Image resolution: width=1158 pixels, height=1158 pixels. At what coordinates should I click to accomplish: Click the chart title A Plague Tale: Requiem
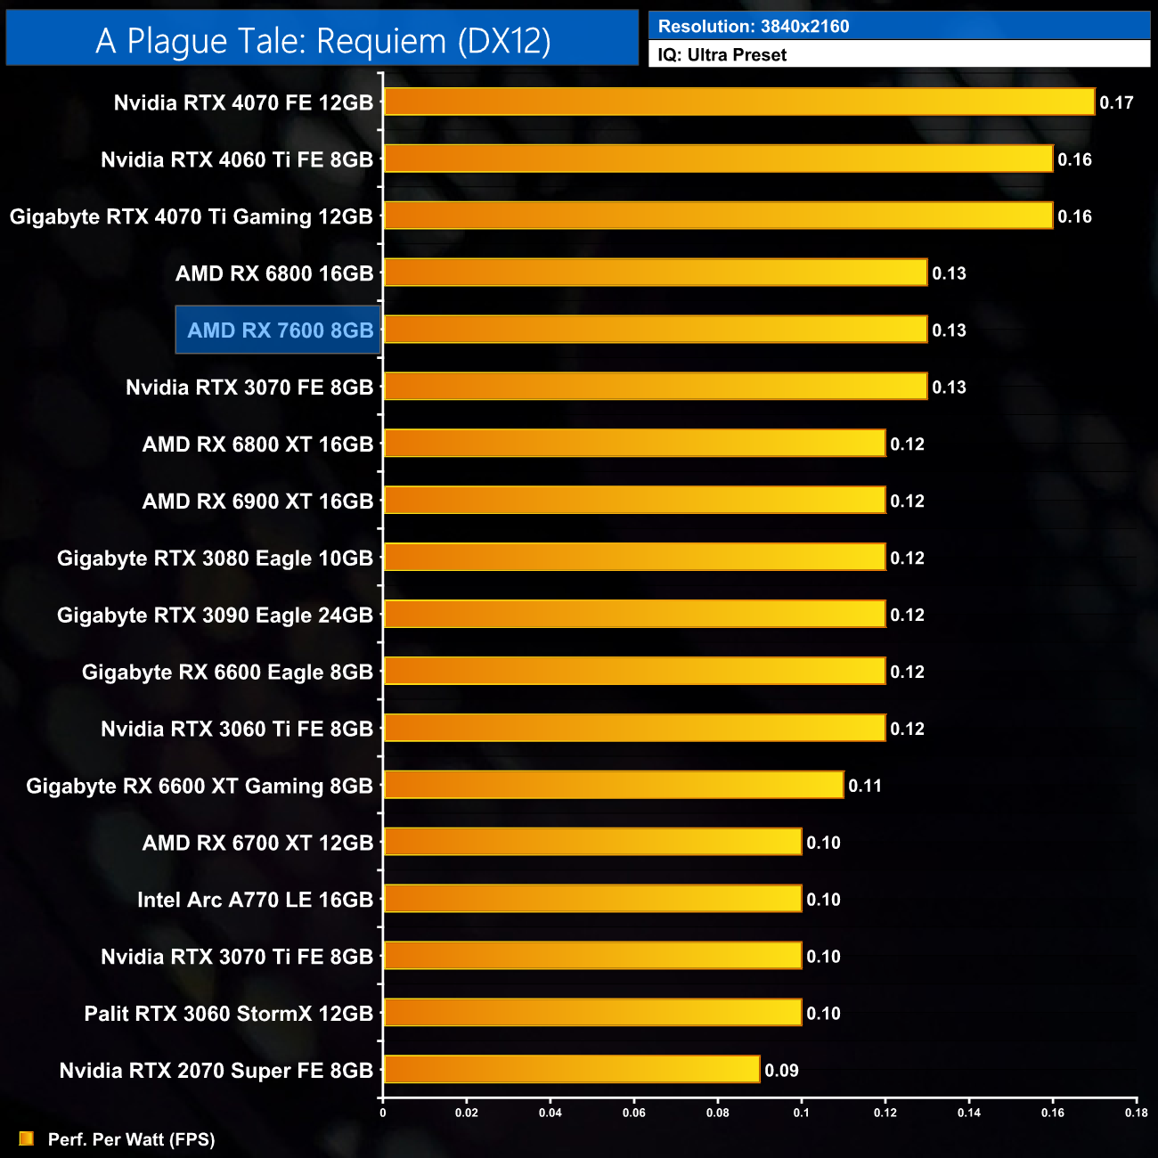click(x=322, y=41)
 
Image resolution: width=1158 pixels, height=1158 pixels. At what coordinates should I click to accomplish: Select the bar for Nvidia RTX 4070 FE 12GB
click(x=738, y=102)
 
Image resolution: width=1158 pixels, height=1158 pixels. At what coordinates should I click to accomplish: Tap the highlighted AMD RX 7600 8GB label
click(x=280, y=330)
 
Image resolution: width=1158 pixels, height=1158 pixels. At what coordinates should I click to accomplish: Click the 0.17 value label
click(x=1116, y=102)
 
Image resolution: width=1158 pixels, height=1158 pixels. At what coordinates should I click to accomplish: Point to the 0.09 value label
click(x=781, y=1071)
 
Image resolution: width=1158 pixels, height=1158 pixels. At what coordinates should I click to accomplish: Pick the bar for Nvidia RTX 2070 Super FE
click(x=571, y=1069)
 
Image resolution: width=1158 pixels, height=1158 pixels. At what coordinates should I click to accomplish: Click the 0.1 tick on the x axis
click(x=802, y=1113)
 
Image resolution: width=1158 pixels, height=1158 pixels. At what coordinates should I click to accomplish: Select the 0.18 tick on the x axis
click(x=1136, y=1113)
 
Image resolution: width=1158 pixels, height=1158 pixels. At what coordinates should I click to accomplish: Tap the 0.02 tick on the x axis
click(x=466, y=1113)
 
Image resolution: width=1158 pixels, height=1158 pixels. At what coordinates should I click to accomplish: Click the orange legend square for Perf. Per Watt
click(x=27, y=1138)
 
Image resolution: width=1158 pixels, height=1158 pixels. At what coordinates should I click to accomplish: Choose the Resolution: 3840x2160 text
click(x=754, y=27)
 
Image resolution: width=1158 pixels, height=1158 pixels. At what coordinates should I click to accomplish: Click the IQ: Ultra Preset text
click(x=722, y=55)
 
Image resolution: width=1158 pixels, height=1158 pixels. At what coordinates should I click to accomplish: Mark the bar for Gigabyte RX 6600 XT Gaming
click(x=613, y=785)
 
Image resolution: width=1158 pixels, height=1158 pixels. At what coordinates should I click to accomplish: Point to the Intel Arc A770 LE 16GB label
click(x=255, y=900)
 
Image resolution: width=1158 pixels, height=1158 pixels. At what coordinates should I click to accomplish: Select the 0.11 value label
click(x=864, y=786)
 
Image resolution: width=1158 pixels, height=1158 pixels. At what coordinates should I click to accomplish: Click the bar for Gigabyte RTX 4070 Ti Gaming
click(x=718, y=216)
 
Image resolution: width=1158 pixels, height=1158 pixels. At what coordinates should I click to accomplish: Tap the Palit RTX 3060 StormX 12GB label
click(x=228, y=1014)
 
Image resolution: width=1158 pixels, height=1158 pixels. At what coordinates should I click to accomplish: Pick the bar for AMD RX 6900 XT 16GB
click(x=634, y=501)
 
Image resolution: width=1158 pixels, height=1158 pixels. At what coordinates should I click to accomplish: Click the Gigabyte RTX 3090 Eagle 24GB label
click(x=215, y=616)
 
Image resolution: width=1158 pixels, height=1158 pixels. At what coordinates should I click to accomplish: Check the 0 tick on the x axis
click(x=383, y=1113)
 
